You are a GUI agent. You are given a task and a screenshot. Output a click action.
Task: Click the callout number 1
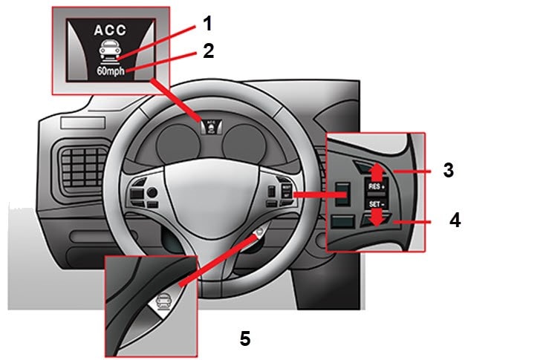[x=207, y=23]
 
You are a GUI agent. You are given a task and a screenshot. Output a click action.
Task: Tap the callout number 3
[x=448, y=169]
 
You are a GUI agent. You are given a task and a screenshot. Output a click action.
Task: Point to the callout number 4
[x=454, y=220]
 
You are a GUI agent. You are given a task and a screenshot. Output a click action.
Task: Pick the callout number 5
[x=245, y=338]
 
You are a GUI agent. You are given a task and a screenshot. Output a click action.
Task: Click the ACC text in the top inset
[x=111, y=32]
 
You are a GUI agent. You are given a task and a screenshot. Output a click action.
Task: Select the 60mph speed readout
[x=111, y=73]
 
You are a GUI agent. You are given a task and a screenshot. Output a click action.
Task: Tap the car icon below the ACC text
[x=111, y=53]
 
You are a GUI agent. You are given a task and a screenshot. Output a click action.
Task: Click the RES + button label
[x=377, y=188]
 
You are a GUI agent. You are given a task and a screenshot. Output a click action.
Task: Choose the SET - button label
[x=377, y=203]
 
